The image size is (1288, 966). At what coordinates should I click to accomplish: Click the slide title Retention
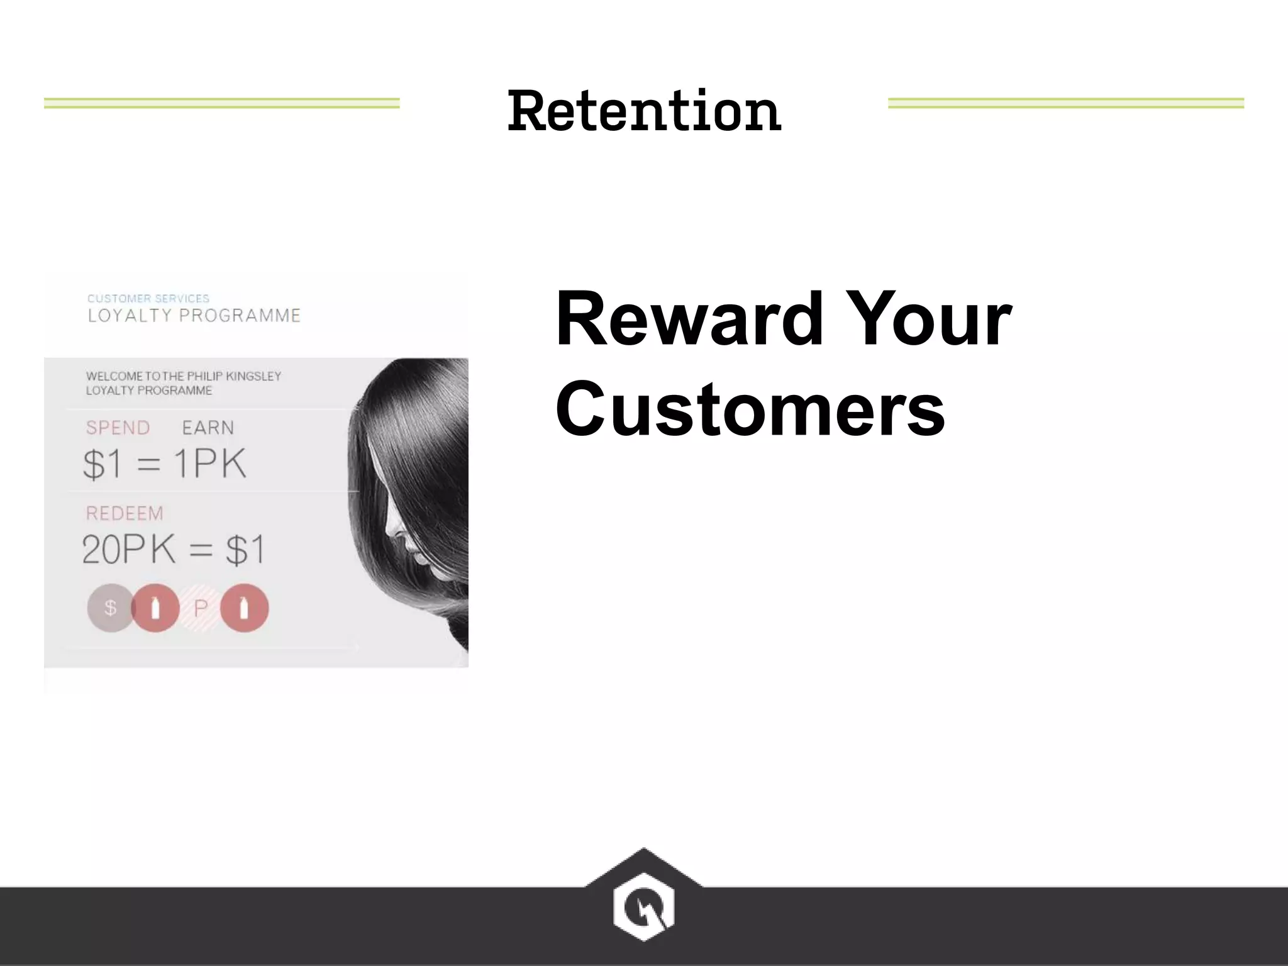(644, 111)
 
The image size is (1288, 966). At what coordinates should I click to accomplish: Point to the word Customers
(750, 409)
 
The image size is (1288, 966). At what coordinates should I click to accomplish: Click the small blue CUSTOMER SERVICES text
(148, 298)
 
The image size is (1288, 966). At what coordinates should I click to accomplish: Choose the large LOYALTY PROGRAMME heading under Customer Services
(194, 315)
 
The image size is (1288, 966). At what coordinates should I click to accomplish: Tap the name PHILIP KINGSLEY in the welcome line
(234, 376)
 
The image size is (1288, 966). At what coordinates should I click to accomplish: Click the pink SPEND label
(118, 428)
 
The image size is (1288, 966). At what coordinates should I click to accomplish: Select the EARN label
(208, 428)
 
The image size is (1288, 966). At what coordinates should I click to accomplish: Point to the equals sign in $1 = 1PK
(148, 465)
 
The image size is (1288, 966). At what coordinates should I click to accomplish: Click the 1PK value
(209, 464)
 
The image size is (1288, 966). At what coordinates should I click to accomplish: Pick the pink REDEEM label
(125, 513)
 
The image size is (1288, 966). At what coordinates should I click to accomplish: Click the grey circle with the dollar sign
(110, 608)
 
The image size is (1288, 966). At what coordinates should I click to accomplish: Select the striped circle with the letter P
(201, 608)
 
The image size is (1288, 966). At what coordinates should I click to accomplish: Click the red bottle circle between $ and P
(155, 608)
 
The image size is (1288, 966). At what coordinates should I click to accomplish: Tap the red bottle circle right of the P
(245, 608)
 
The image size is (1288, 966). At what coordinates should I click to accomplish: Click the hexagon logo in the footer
(643, 906)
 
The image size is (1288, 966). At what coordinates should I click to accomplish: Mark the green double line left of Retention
(221, 103)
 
